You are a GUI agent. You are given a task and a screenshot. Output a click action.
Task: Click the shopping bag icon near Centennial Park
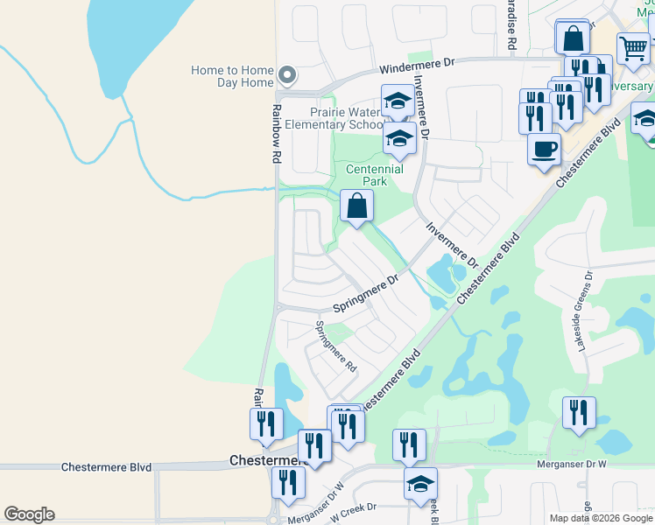click(357, 207)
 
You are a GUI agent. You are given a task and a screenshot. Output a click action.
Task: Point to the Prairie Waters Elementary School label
click(347, 118)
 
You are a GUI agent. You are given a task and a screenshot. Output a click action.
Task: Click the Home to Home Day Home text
click(233, 76)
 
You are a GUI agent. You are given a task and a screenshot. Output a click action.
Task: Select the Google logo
click(29, 514)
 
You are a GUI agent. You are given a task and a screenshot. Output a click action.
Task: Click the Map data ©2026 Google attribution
click(601, 518)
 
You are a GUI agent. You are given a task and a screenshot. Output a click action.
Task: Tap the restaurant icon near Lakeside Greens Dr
click(579, 412)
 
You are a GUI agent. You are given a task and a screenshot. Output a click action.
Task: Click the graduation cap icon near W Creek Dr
click(421, 482)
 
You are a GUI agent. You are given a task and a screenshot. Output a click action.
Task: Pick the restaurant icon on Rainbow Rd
click(265, 423)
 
